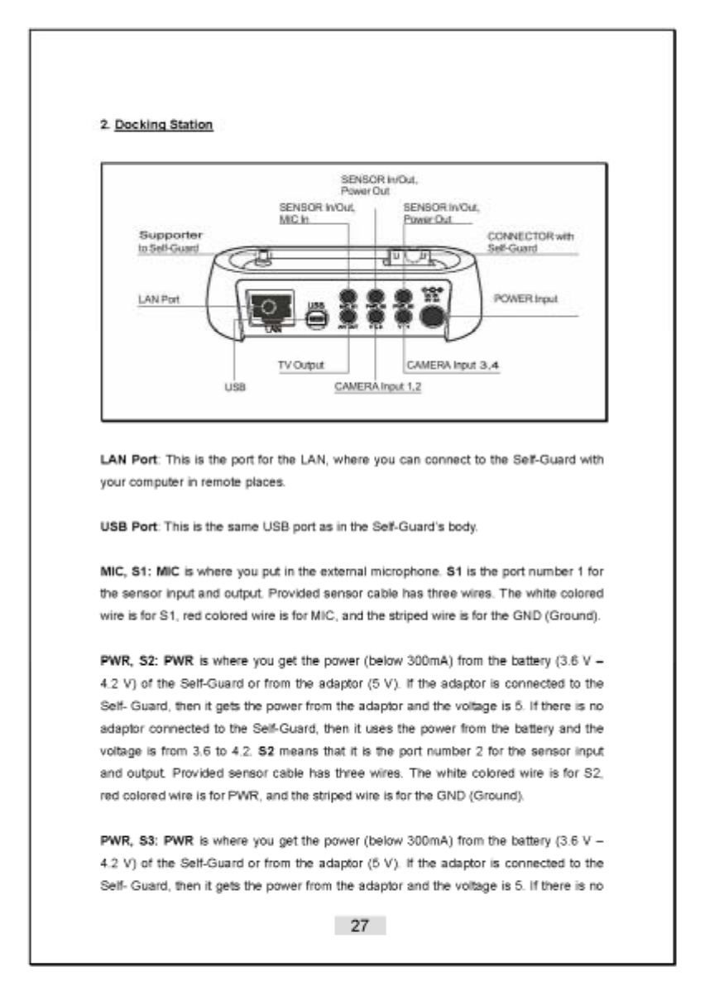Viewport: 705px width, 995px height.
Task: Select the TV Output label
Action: [x=300, y=365]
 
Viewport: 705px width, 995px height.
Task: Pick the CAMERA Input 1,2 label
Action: [x=377, y=386]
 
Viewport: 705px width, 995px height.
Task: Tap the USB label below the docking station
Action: [x=234, y=385]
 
